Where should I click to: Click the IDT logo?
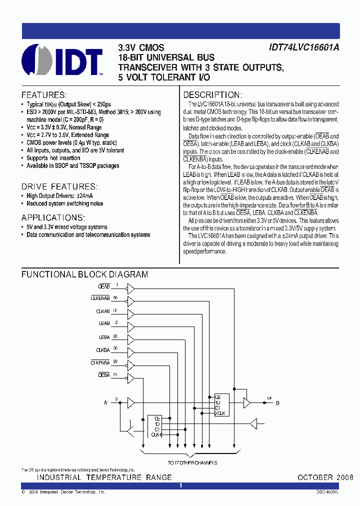coord(62,62)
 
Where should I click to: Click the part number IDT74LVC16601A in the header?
coord(304,48)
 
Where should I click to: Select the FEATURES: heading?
coord(43,95)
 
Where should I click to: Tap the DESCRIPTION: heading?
coord(212,95)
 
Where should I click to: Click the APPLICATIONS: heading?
coord(53,217)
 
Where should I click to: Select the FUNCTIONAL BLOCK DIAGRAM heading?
coord(84,274)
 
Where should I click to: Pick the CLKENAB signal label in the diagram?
coord(100,299)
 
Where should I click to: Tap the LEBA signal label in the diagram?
coord(104,337)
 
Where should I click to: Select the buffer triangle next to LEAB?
coord(131,325)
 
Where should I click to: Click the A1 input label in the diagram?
coord(105,402)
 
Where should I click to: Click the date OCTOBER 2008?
coord(325,477)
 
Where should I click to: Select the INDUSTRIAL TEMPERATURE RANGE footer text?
coord(104,477)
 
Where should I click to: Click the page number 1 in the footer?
coord(180,485)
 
